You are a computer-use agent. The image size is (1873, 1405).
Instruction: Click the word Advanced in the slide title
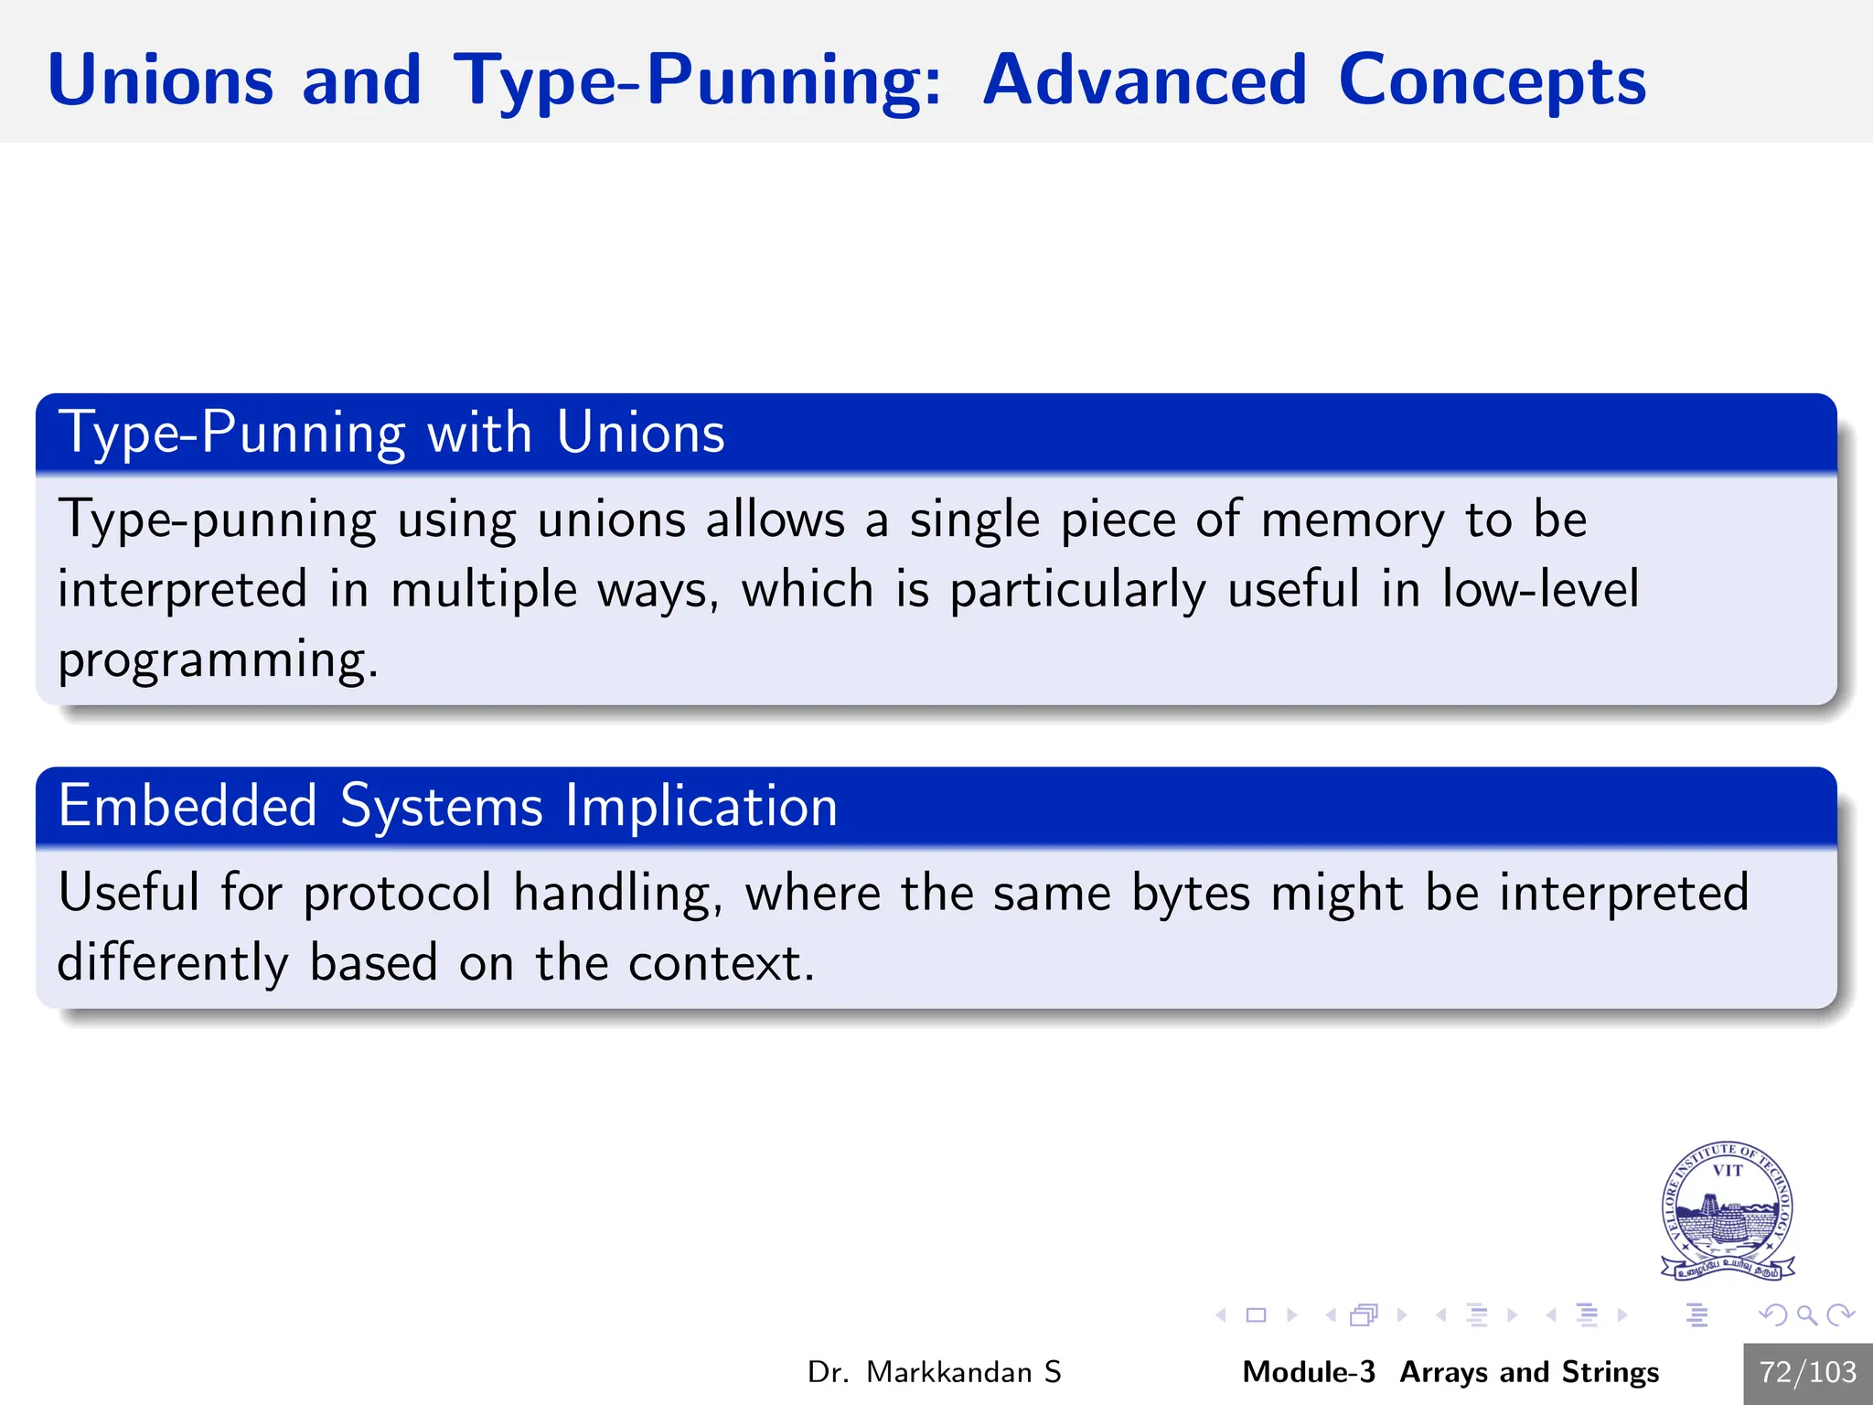(x=1144, y=80)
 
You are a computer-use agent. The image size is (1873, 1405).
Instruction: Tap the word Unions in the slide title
(x=160, y=80)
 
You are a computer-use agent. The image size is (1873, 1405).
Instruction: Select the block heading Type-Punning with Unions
(x=391, y=432)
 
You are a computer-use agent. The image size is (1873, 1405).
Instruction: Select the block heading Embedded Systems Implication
(x=447, y=806)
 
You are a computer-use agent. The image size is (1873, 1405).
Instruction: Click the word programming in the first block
(x=217, y=660)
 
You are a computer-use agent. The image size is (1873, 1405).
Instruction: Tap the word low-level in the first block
(x=1540, y=589)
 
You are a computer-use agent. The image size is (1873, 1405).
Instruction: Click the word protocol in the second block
(x=397, y=894)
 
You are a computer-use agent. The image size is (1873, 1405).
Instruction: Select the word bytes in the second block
(x=1190, y=894)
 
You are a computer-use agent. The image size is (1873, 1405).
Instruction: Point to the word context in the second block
(x=720, y=963)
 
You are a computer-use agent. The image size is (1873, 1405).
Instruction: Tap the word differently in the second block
(x=173, y=963)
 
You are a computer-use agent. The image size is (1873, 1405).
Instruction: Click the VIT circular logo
(x=1727, y=1209)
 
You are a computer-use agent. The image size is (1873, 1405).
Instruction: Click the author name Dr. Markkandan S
(x=934, y=1372)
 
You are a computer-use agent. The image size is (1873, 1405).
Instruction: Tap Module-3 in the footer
(x=1308, y=1372)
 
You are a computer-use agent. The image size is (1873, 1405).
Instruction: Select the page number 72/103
(x=1807, y=1372)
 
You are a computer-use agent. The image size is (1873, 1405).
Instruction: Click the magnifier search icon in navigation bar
(x=1806, y=1315)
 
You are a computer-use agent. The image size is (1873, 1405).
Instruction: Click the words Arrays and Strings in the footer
(x=1529, y=1372)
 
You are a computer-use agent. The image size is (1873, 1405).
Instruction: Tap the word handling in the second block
(x=617, y=894)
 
